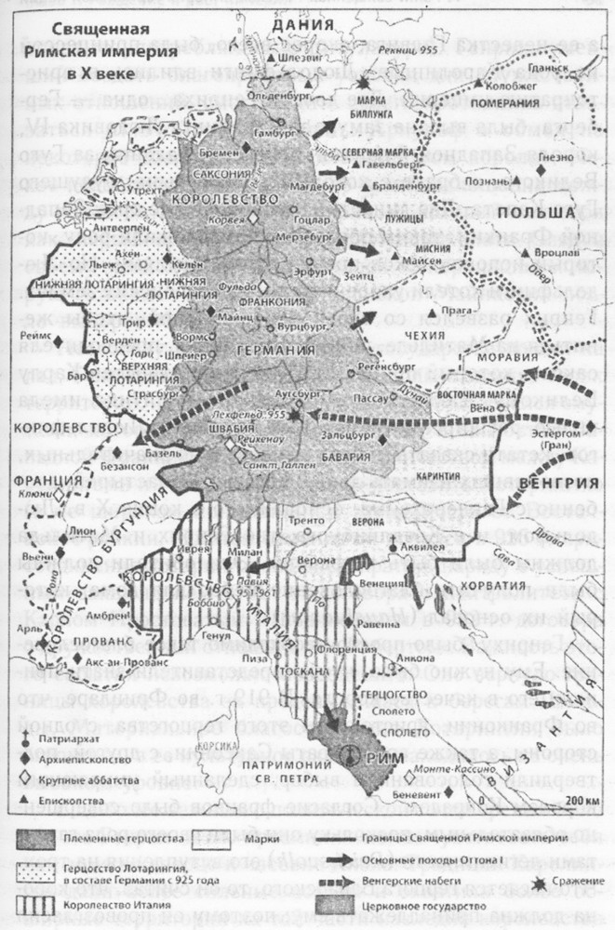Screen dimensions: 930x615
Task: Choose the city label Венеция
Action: point(381,583)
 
